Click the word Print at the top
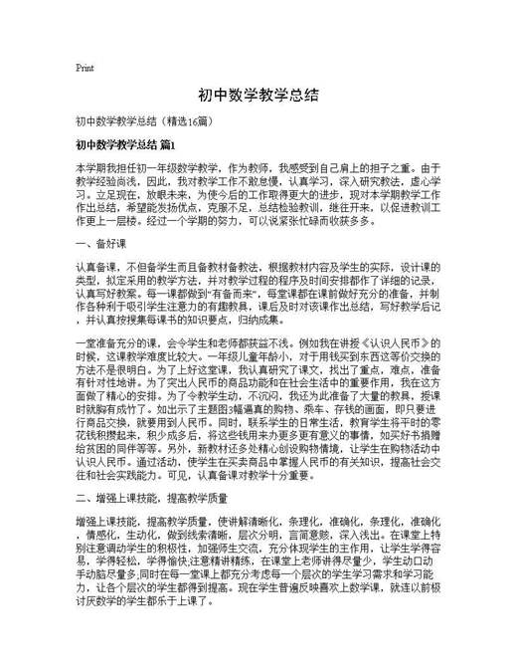[x=85, y=69]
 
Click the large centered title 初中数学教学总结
[x=258, y=96]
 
